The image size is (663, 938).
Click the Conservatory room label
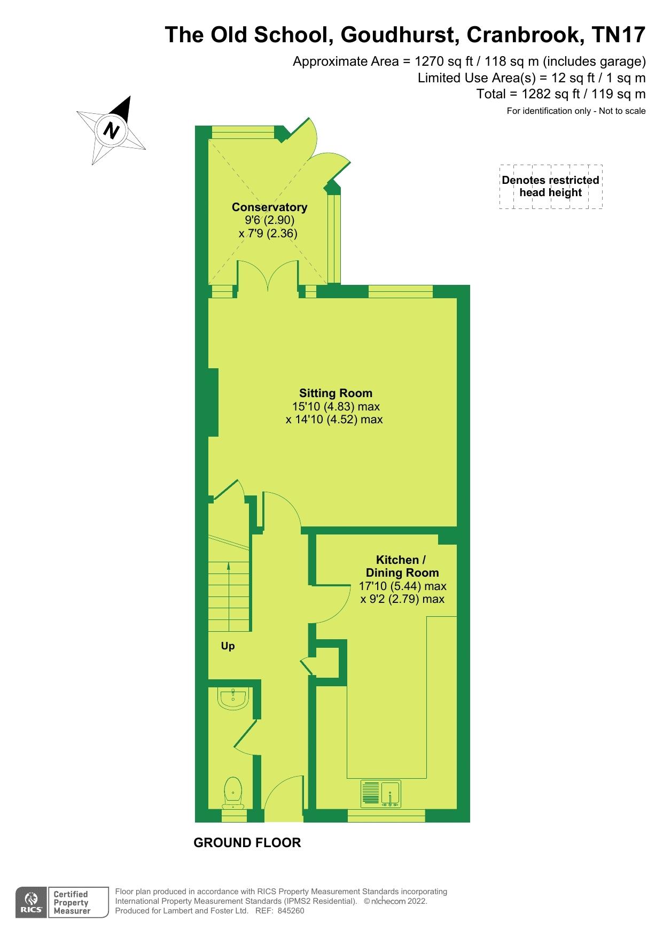269,207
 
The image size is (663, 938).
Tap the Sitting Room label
336,393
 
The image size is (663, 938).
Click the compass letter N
111,130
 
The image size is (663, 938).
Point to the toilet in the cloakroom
233,793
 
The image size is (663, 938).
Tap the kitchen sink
381,793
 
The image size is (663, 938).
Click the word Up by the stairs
228,646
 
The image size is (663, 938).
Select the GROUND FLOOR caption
247,842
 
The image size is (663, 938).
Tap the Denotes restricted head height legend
550,186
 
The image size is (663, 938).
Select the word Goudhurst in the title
398,35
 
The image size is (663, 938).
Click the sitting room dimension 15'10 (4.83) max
336,406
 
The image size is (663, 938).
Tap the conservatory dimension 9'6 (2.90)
269,220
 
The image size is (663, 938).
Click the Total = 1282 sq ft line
561,94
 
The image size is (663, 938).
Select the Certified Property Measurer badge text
71,903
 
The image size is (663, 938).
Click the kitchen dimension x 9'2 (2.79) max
402,599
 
